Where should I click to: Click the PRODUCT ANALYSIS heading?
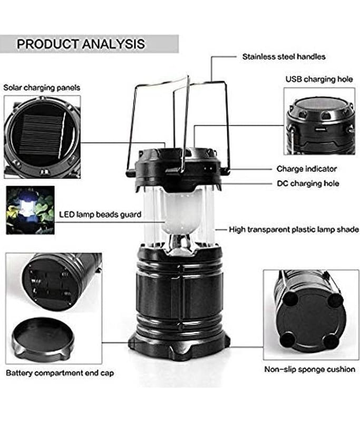(x=81, y=44)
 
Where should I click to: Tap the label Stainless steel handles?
(x=284, y=57)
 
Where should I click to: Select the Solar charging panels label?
(x=42, y=88)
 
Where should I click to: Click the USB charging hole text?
(x=319, y=79)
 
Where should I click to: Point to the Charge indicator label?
(x=306, y=169)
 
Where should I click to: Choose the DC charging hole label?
(x=308, y=183)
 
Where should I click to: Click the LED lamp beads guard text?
(x=100, y=215)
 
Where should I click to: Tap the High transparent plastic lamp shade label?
(x=294, y=229)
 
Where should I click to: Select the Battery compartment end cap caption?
(x=60, y=373)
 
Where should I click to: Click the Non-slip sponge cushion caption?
(x=309, y=369)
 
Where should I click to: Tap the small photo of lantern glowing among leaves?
(x=30, y=210)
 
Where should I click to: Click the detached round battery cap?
(x=43, y=340)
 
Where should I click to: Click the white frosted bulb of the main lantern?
(x=183, y=213)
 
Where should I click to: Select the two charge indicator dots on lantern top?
(x=208, y=168)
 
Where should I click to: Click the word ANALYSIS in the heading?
(x=113, y=44)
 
